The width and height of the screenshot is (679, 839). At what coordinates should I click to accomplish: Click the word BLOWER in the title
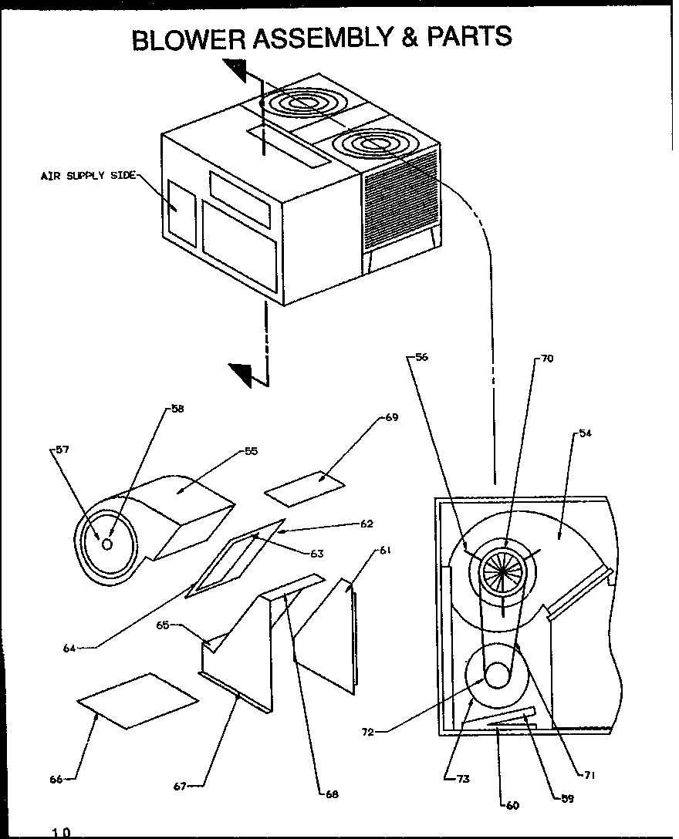[190, 39]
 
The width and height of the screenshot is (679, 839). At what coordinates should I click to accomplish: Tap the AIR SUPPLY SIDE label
[87, 176]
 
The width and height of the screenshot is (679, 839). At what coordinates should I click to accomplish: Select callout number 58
[177, 409]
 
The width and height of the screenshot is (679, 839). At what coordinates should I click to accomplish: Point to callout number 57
[62, 450]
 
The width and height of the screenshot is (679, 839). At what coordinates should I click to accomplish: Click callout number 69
[391, 417]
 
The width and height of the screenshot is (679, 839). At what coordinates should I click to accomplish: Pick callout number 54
[586, 434]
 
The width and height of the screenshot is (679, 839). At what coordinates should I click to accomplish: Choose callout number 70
[546, 359]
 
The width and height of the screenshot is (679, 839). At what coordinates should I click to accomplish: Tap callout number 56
[421, 357]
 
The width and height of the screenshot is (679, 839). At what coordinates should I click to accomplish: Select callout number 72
[367, 732]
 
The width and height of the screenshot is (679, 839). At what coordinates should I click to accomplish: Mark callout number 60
[512, 805]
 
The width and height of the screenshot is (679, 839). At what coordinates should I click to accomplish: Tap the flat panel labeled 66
[137, 699]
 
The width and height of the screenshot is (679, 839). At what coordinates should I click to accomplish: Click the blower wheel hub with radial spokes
[502, 572]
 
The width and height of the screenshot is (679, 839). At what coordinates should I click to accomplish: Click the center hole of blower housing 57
[107, 544]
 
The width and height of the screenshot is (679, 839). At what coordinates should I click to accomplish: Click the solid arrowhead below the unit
[246, 375]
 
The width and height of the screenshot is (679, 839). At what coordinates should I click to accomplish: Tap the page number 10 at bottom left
[61, 832]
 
